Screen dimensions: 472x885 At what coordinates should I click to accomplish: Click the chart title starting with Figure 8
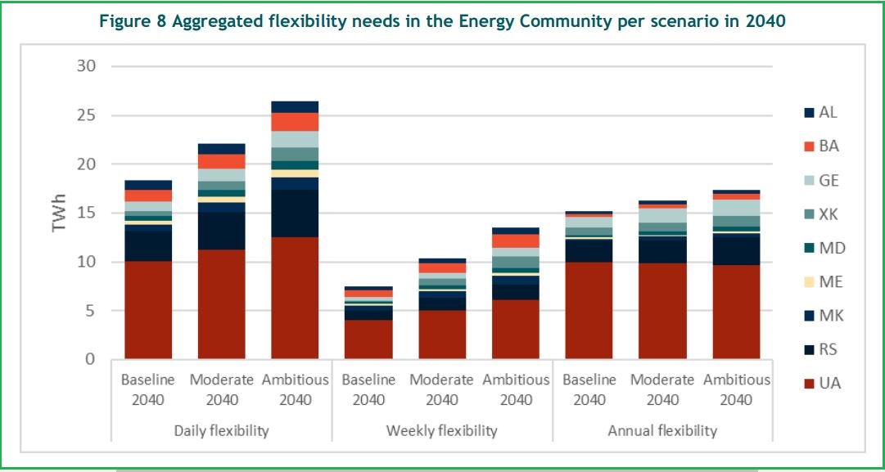[442, 22]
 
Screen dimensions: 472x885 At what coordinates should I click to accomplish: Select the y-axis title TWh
[59, 213]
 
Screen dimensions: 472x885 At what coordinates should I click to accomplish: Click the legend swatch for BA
[809, 147]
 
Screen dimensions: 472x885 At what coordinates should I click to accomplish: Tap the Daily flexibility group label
[221, 430]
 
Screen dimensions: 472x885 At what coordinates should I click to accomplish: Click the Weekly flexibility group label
[442, 430]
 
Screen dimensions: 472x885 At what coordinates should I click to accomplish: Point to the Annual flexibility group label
[662, 430]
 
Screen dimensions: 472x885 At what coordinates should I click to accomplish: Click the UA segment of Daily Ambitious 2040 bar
[295, 299]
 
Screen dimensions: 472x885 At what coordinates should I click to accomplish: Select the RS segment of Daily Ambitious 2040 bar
[295, 214]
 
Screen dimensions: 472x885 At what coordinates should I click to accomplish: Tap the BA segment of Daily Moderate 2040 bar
[221, 161]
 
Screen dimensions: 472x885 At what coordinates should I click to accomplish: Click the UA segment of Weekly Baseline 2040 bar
[368, 339]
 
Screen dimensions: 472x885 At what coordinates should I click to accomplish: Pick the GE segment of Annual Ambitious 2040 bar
[736, 208]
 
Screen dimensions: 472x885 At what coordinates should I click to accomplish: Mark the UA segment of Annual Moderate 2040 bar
[662, 311]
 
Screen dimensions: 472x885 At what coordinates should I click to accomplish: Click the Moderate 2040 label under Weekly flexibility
[442, 390]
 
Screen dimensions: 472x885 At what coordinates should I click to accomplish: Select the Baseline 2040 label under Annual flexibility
[589, 390]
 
